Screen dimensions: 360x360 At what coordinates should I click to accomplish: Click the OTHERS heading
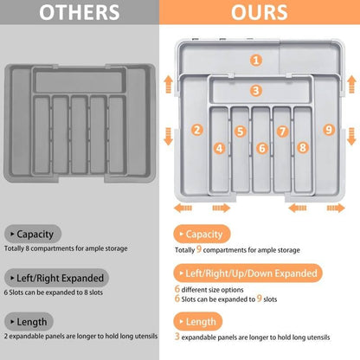coord(80,12)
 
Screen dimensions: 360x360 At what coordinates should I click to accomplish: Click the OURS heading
coord(260,12)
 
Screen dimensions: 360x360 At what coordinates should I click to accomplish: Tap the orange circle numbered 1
coord(256,61)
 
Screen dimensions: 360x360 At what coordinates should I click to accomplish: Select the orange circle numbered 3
coord(255,91)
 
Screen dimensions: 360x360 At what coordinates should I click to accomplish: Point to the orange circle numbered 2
coord(197,130)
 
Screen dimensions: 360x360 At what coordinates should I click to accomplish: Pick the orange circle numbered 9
coord(329,130)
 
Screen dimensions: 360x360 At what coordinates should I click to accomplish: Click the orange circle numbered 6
coord(262,148)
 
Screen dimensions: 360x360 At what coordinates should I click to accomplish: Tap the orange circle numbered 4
coord(220,149)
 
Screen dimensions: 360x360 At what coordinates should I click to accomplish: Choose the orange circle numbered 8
coord(303,148)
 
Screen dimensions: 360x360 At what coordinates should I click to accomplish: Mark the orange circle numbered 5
coord(241,132)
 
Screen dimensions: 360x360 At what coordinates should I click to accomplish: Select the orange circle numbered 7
coord(283,132)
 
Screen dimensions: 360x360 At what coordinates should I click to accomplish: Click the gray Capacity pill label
coord(33,234)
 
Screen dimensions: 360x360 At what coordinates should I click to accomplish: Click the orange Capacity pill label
coord(202,234)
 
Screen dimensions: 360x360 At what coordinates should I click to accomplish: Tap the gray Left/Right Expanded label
coord(56,278)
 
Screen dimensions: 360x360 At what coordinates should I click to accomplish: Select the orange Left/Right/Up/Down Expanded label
coord(247,273)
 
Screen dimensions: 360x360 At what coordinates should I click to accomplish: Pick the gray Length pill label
coord(29,322)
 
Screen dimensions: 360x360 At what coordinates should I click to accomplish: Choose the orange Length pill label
coord(198,321)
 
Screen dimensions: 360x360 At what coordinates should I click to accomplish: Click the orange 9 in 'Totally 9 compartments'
coord(199,249)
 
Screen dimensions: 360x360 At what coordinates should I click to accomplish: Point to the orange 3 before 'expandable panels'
coord(177,336)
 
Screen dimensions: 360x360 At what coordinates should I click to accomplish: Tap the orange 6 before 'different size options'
coord(177,288)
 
